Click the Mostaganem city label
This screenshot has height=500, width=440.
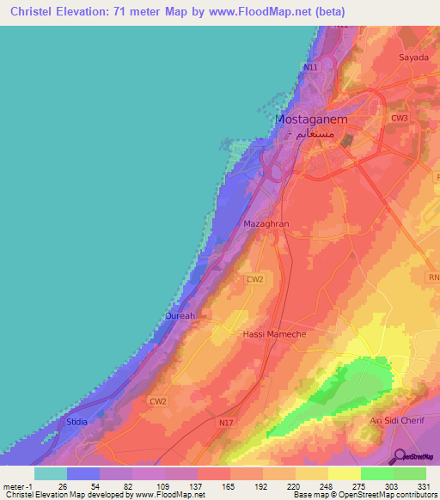(x=310, y=120)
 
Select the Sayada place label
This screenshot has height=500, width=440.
(x=413, y=58)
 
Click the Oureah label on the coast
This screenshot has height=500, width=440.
(x=180, y=316)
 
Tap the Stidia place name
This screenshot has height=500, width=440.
(x=77, y=423)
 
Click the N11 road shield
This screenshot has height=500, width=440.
(x=310, y=66)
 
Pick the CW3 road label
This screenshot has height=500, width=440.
(x=400, y=118)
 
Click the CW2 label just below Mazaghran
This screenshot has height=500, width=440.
(x=254, y=280)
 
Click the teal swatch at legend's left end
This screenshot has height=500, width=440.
(x=50, y=473)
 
